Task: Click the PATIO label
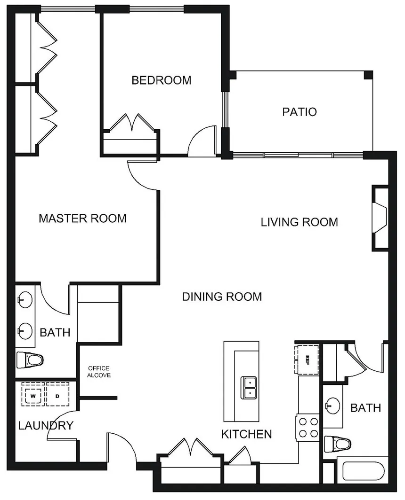tap(300, 112)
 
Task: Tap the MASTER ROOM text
tap(83, 219)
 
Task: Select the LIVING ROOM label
tap(300, 222)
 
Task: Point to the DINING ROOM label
tap(222, 297)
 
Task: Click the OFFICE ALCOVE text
tap(99, 372)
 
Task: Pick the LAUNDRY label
tap(46, 425)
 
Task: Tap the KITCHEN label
tap(246, 434)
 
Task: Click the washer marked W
tap(33, 394)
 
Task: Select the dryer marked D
tap(58, 394)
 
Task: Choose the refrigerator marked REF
tap(307, 359)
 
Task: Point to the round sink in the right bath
tap(332, 406)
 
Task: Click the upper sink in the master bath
tap(25, 300)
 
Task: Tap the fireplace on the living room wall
tap(380, 219)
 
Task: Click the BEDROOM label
tap(162, 80)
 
